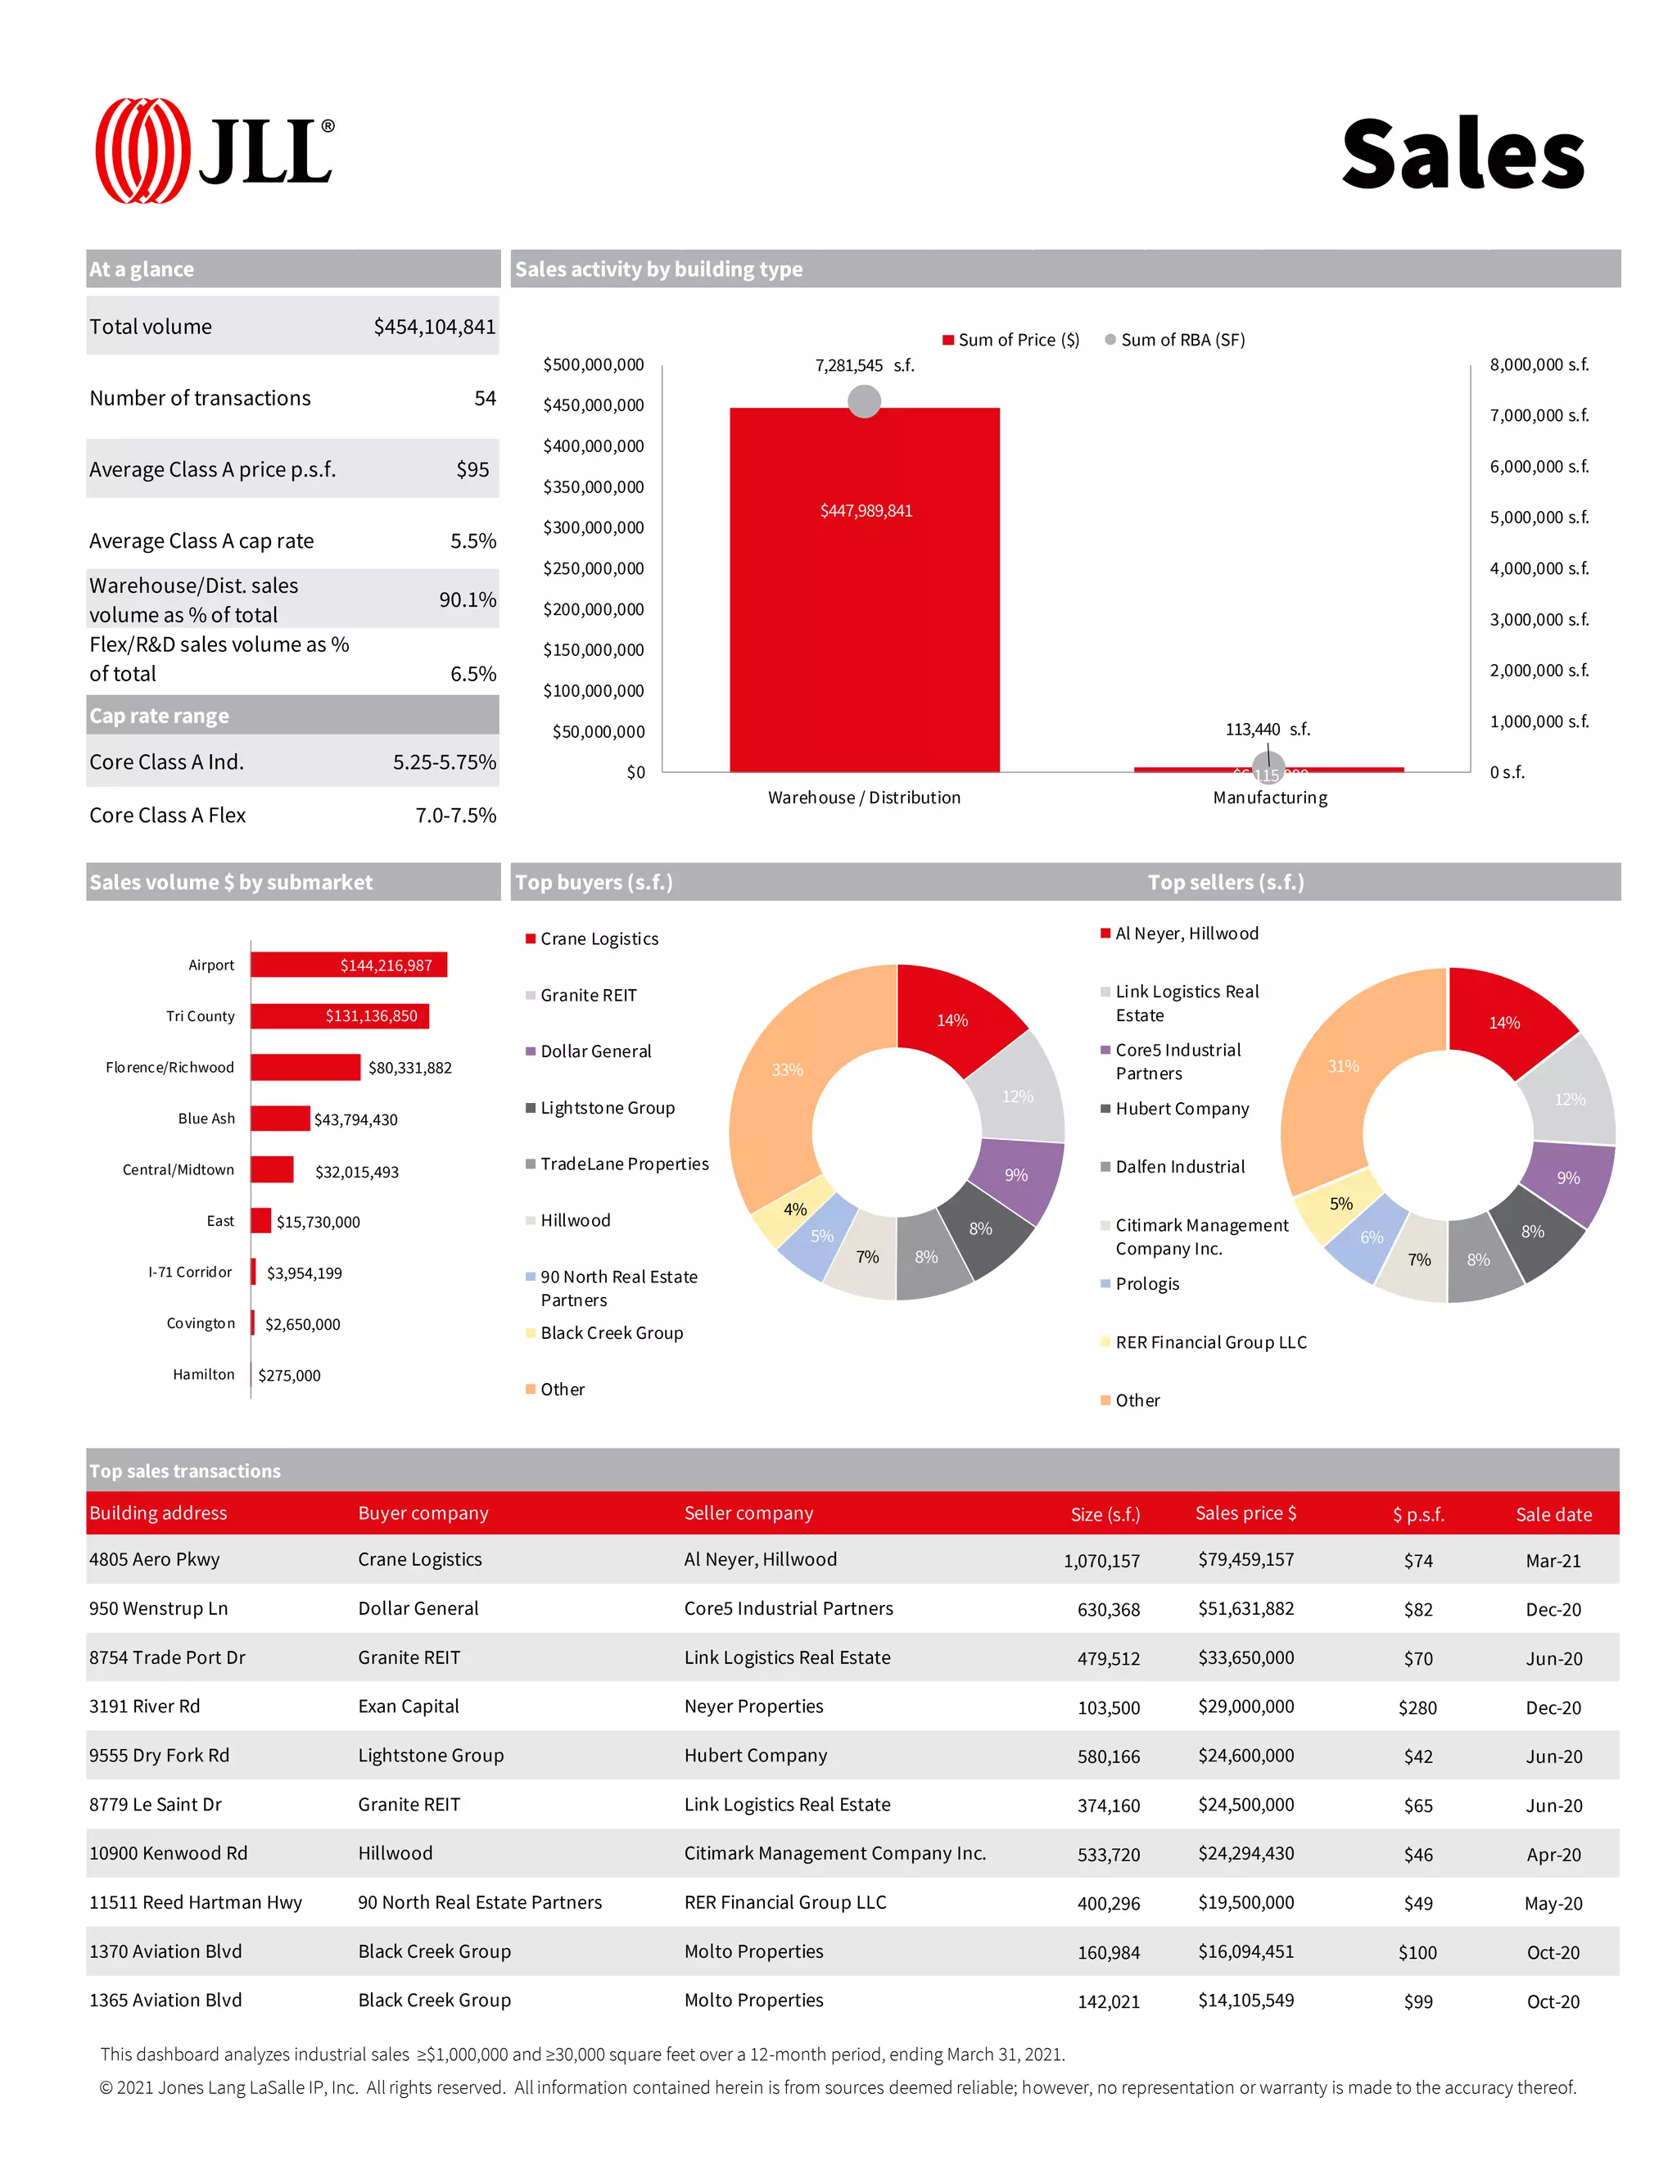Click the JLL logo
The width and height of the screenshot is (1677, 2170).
pos(214,151)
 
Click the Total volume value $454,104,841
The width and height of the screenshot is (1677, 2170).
pos(434,327)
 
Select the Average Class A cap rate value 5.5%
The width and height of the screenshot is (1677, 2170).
pos(473,540)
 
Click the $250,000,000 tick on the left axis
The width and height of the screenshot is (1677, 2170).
pos(593,568)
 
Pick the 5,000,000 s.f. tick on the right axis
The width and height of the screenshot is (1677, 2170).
pos(1538,518)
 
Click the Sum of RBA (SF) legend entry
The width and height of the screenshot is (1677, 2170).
pos(1174,340)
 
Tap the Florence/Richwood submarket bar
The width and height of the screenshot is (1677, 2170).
pos(305,1067)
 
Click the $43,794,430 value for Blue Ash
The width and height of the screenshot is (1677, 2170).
pos(355,1119)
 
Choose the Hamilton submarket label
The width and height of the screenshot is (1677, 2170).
pos(204,1374)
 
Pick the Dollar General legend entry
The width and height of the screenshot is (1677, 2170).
pos(595,1051)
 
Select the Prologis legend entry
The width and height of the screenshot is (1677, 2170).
pos(1146,1284)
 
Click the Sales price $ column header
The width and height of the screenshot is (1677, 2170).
pos(1245,1513)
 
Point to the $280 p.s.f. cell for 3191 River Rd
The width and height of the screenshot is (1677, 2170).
pos(1417,1708)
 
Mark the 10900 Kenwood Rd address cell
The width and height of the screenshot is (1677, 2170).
pos(168,1854)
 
